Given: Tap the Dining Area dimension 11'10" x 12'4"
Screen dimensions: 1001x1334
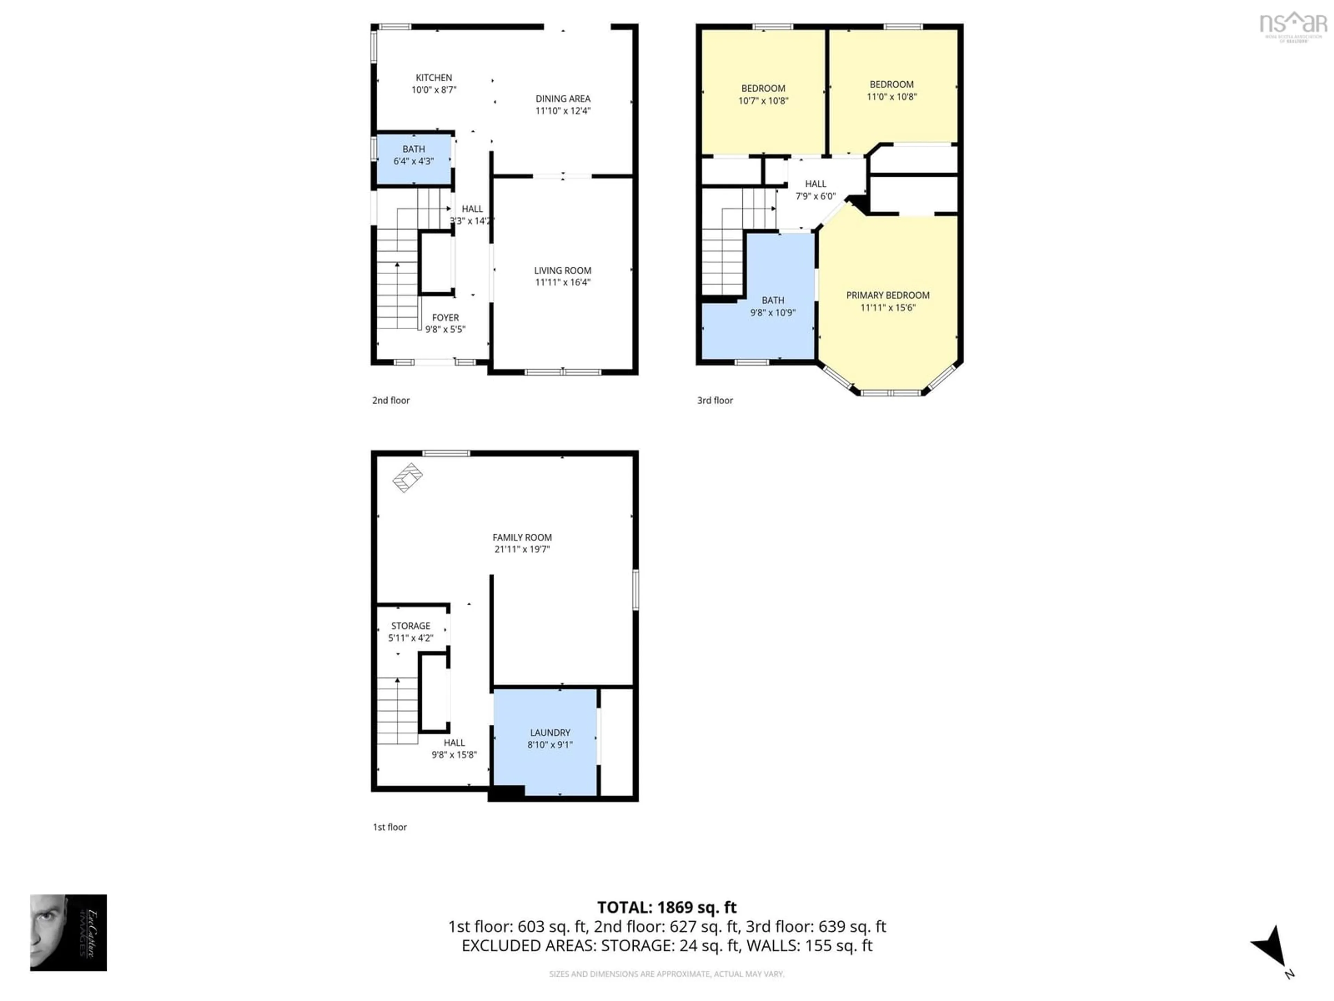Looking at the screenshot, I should (563, 111).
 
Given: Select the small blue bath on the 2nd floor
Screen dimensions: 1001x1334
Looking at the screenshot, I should (414, 159).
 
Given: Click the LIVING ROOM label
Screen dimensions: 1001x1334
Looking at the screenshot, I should (562, 271).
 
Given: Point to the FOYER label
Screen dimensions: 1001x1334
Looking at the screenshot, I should (445, 317).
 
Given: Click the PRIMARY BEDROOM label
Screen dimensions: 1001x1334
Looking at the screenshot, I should (887, 295).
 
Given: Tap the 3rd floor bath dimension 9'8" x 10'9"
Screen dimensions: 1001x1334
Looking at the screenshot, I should (773, 312).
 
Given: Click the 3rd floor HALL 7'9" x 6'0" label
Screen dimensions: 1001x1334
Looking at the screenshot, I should (815, 189).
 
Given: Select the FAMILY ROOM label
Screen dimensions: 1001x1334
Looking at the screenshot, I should (522, 537).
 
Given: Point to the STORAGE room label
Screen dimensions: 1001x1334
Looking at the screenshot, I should (411, 626).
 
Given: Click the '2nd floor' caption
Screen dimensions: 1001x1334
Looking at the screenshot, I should (391, 400).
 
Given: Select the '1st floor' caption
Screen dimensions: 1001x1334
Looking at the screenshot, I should (389, 827).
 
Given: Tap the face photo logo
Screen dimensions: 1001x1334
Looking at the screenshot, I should (68, 932).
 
